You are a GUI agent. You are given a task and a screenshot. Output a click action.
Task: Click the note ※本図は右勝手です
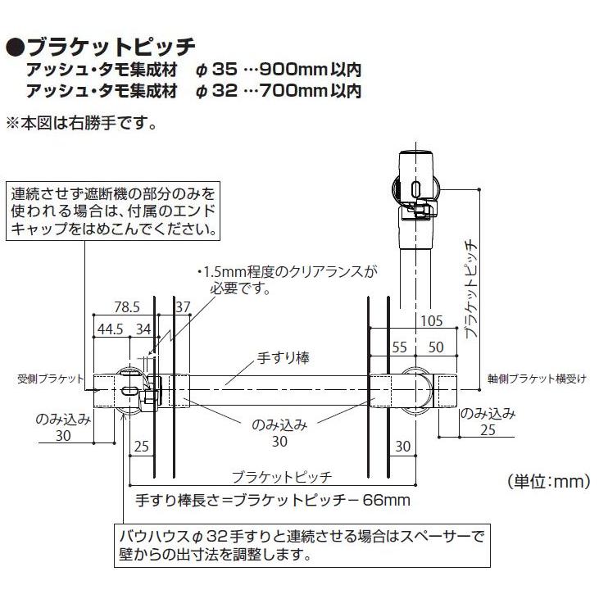click(x=80, y=125)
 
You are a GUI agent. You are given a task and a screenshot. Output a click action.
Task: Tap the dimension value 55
click(x=400, y=347)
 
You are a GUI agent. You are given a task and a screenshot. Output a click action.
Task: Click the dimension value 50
click(x=436, y=347)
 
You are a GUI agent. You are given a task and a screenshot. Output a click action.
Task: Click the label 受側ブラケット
click(x=49, y=379)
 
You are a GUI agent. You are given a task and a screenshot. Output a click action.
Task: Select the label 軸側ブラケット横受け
click(x=537, y=379)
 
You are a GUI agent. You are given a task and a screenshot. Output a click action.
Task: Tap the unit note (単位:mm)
click(x=548, y=482)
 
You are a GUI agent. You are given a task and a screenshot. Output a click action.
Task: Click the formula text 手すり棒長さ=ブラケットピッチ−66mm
click(x=271, y=500)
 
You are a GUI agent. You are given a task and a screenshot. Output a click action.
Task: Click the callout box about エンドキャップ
click(x=116, y=213)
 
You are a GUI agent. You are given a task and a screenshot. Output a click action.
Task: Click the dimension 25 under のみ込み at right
click(x=489, y=429)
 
